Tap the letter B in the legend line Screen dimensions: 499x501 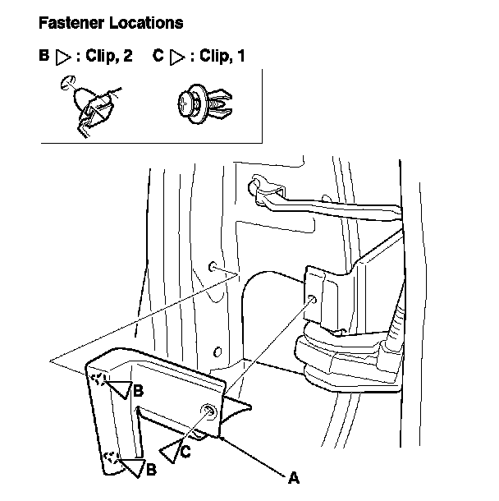(x=44, y=57)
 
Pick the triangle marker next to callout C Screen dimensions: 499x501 (x=170, y=450)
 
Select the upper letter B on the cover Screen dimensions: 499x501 (x=139, y=389)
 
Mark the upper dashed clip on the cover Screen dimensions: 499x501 (x=99, y=379)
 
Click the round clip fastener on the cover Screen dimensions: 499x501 (x=209, y=414)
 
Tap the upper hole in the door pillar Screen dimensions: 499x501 (x=212, y=267)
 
